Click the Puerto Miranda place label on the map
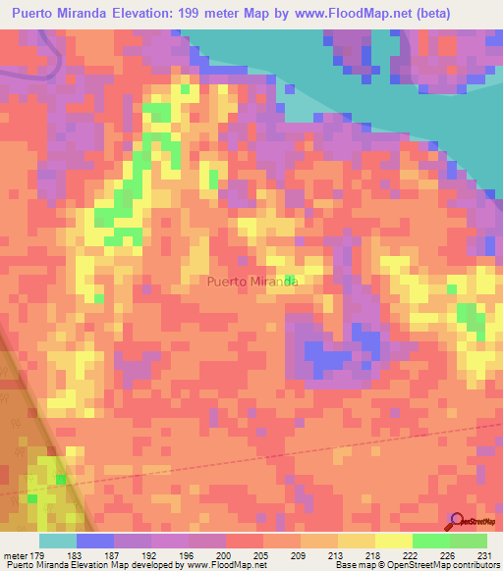(x=252, y=282)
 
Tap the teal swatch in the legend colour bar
(x=57, y=541)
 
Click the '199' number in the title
(x=194, y=14)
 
